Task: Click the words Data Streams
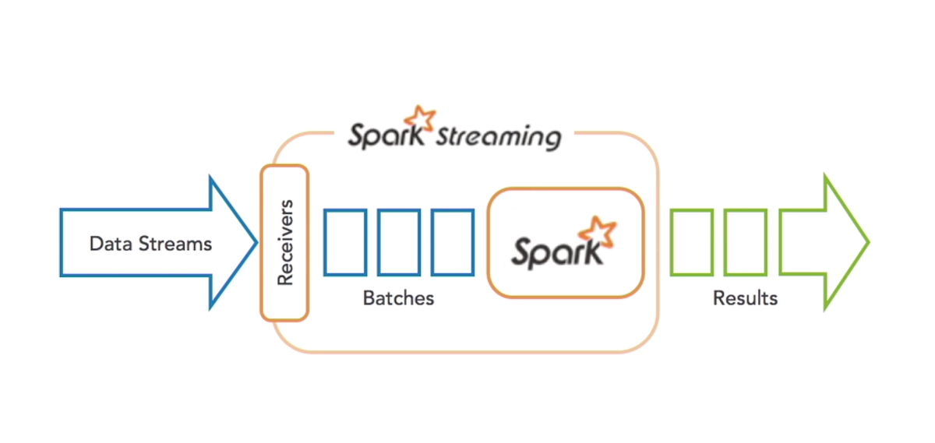coord(150,244)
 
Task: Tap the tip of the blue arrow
coord(255,242)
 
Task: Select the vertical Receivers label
coord(285,242)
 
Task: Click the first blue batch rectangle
coord(345,242)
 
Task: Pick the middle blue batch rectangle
coord(399,242)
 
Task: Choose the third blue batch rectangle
coord(452,242)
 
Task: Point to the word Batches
coord(398,298)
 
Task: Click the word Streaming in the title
coord(498,138)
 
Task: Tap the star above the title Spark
coord(425,117)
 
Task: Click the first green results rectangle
coord(691,242)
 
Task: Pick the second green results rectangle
coord(745,242)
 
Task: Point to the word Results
coord(745,298)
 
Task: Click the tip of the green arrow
coord(867,242)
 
